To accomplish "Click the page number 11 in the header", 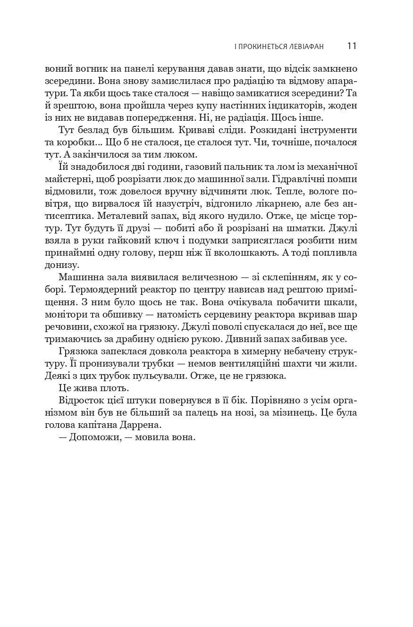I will click(x=352, y=46).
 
